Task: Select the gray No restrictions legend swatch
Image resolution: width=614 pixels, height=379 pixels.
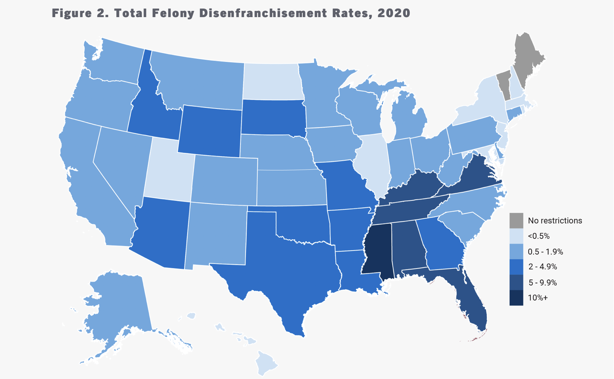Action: pos(516,220)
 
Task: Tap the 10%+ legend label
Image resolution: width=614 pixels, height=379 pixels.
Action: pos(538,298)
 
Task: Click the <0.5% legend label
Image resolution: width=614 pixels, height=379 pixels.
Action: pos(539,236)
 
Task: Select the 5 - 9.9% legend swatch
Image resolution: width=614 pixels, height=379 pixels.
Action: pos(516,282)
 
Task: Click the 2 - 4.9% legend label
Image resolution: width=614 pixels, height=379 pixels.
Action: pos(542,267)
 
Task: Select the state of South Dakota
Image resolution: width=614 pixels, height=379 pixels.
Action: pos(272,117)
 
